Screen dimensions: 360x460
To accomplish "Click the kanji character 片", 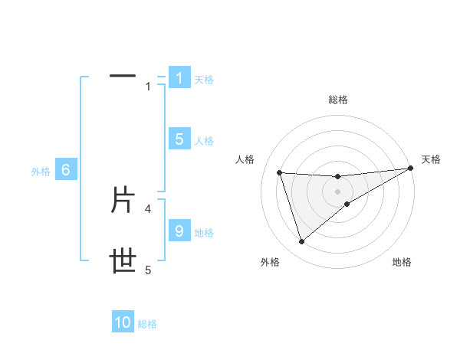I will pyautogui.click(x=123, y=201).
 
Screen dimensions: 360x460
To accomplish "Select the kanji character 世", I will pyautogui.click(x=123, y=262).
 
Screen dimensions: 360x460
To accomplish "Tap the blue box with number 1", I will pyautogui.click(x=179, y=78).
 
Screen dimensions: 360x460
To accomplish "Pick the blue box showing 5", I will pyautogui.click(x=179, y=139).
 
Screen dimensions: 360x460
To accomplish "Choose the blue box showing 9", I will pyautogui.click(x=179, y=231).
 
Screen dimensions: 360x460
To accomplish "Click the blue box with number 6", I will pyautogui.click(x=66, y=171).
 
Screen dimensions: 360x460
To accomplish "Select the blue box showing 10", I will pyautogui.click(x=123, y=322).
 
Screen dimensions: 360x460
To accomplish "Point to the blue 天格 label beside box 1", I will pyautogui.click(x=204, y=79).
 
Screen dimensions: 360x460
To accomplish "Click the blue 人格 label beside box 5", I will pyautogui.click(x=204, y=140).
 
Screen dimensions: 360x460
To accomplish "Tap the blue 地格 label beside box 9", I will pyautogui.click(x=204, y=232).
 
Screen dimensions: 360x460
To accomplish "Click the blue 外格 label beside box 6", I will pyautogui.click(x=41, y=172).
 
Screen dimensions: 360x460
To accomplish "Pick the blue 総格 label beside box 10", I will pyautogui.click(x=147, y=323).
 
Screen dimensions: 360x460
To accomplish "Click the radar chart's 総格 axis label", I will pyautogui.click(x=337, y=100).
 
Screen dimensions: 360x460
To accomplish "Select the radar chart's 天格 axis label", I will pyautogui.click(x=432, y=159).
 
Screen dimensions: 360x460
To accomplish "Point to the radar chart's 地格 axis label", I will pyautogui.click(x=402, y=262).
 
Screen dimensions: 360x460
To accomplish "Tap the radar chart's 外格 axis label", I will pyautogui.click(x=270, y=262).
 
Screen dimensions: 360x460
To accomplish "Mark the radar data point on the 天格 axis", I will pyautogui.click(x=410, y=169).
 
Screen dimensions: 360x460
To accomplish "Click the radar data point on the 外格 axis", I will pyautogui.click(x=301, y=242).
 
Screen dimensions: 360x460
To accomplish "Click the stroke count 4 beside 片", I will pyautogui.click(x=148, y=208).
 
